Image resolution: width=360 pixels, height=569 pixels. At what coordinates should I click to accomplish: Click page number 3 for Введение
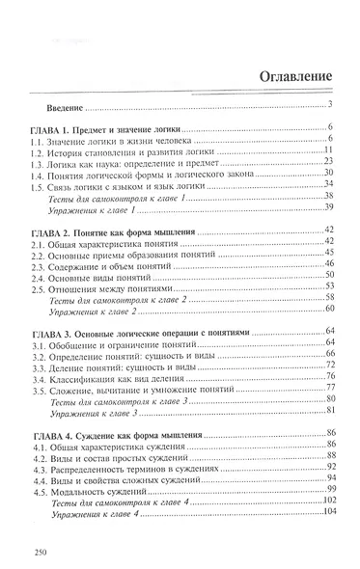pyautogui.click(x=330, y=104)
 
